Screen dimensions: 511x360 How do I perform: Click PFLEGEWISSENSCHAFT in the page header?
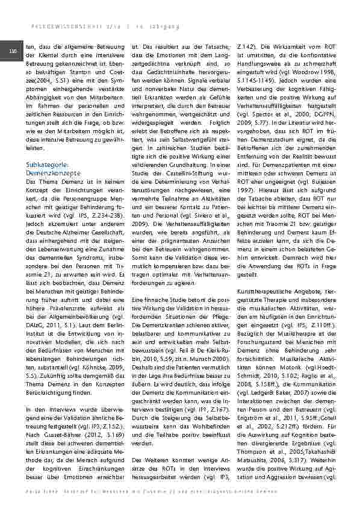(54, 26)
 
